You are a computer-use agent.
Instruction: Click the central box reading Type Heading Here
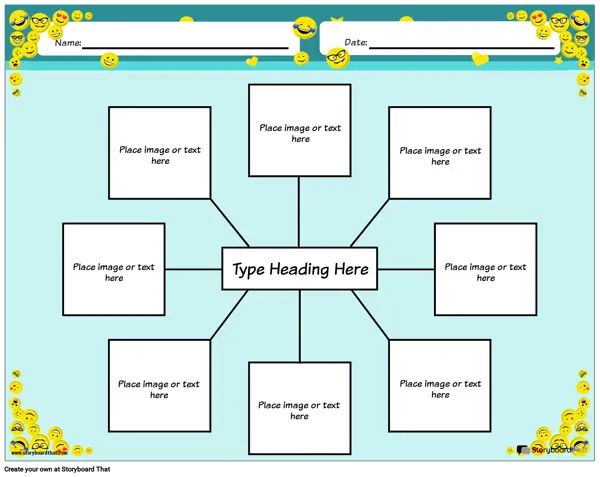299,269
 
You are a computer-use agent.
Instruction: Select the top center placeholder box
299,131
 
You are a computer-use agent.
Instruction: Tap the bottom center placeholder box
299,408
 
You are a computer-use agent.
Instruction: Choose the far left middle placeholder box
114,269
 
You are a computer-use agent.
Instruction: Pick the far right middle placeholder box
485,269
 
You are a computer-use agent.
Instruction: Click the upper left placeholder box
160,153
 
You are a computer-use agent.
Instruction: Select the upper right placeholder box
440,153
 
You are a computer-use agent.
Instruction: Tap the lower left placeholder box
160,386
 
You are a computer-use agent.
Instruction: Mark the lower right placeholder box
440,386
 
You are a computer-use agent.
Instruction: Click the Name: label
67,43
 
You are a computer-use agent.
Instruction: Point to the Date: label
356,43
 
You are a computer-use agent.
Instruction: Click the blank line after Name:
185,47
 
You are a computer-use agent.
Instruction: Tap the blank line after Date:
460,47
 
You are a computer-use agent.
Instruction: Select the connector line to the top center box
299,212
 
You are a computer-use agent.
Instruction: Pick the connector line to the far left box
193,269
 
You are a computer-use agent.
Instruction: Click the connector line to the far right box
406,269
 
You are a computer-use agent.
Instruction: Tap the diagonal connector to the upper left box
230,223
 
